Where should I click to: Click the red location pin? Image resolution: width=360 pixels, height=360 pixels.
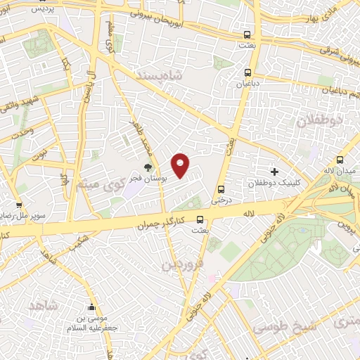(x=181, y=165)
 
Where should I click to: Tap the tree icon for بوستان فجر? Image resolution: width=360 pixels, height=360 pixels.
(x=148, y=167)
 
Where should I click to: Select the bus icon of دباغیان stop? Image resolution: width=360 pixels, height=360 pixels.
(x=247, y=72)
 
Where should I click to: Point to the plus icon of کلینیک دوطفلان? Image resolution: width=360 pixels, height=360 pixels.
(x=274, y=172)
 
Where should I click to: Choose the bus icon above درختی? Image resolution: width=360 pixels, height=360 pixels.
(x=221, y=189)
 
